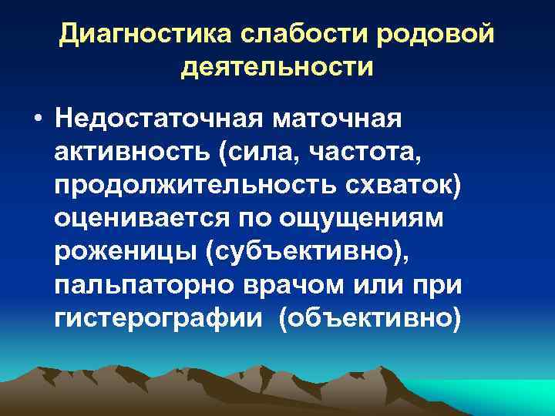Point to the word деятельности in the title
tap(277, 67)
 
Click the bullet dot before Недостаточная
tap(37, 122)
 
